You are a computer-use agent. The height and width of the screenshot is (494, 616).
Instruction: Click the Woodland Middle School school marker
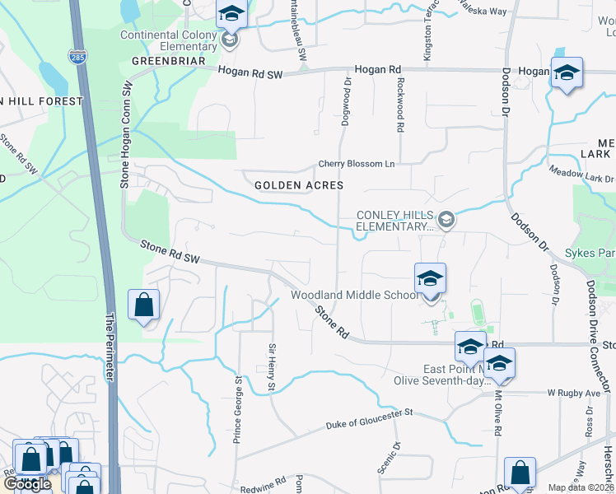[x=430, y=280]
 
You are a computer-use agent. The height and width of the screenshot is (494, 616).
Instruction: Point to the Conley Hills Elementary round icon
[x=446, y=218]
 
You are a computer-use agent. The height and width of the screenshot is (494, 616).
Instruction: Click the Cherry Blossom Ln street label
[x=357, y=164]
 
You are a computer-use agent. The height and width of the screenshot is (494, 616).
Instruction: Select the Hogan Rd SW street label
[x=250, y=74]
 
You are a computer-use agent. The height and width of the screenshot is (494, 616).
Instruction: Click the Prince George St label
[x=237, y=410]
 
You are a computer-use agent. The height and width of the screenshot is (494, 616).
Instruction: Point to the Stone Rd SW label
[x=170, y=252]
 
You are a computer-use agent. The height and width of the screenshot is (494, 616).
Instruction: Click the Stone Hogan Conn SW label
[x=127, y=134]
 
